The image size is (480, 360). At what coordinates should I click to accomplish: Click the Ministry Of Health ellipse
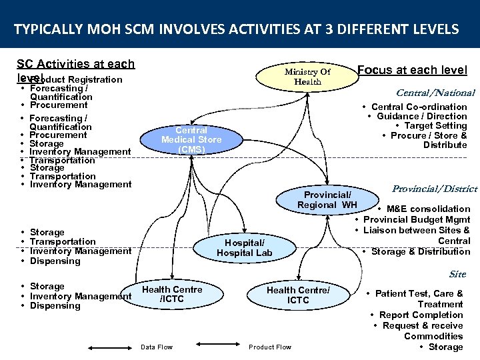(x=307, y=77)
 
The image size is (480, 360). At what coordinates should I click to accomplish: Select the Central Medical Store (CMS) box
(x=191, y=140)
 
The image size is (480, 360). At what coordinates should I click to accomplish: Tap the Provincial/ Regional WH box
(x=327, y=199)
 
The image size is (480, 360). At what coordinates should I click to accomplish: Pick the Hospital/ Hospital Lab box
(x=245, y=248)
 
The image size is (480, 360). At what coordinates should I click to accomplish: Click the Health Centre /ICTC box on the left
(x=172, y=295)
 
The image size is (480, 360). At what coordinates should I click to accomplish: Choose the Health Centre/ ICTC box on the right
(x=298, y=295)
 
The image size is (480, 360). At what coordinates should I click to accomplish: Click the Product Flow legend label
(x=270, y=347)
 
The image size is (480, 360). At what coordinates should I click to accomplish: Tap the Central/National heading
(x=435, y=93)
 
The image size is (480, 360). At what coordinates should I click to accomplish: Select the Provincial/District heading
(x=435, y=189)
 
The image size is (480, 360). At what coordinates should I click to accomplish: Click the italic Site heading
(x=457, y=274)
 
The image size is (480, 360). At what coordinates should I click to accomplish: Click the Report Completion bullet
(x=421, y=315)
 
